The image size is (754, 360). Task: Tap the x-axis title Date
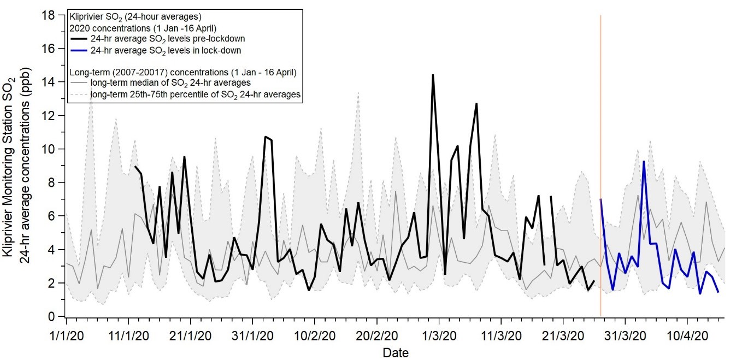click(395, 352)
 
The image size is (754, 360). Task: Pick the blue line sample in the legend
click(78, 50)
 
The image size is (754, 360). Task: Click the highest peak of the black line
click(433, 75)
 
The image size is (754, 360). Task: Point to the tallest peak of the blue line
click(644, 161)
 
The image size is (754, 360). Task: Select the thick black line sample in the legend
click(78, 38)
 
